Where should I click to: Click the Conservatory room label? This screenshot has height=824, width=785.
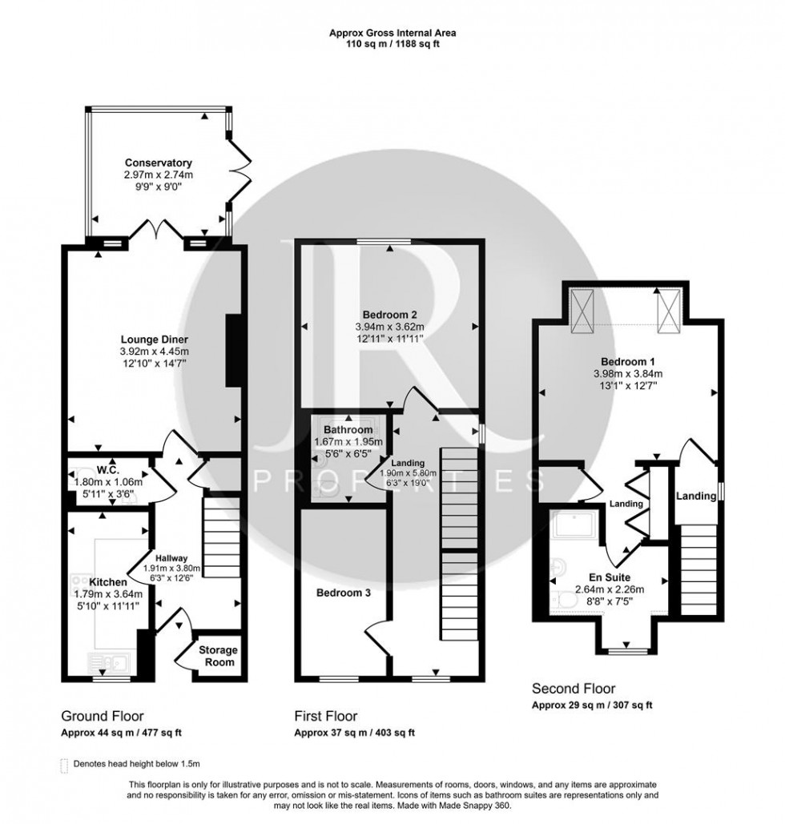pyautogui.click(x=158, y=163)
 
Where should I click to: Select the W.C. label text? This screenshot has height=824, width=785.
pyautogui.click(x=107, y=470)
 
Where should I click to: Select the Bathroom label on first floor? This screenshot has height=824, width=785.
pyautogui.click(x=346, y=429)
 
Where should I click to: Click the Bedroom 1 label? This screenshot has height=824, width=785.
pyautogui.click(x=630, y=360)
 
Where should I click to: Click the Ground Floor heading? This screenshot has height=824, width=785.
pyautogui.click(x=103, y=716)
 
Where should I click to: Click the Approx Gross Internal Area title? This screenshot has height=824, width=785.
pyautogui.click(x=392, y=33)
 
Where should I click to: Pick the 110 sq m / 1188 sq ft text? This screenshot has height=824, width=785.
pyautogui.click(x=392, y=44)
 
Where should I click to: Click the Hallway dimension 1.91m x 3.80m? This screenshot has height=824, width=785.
pyautogui.click(x=171, y=569)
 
